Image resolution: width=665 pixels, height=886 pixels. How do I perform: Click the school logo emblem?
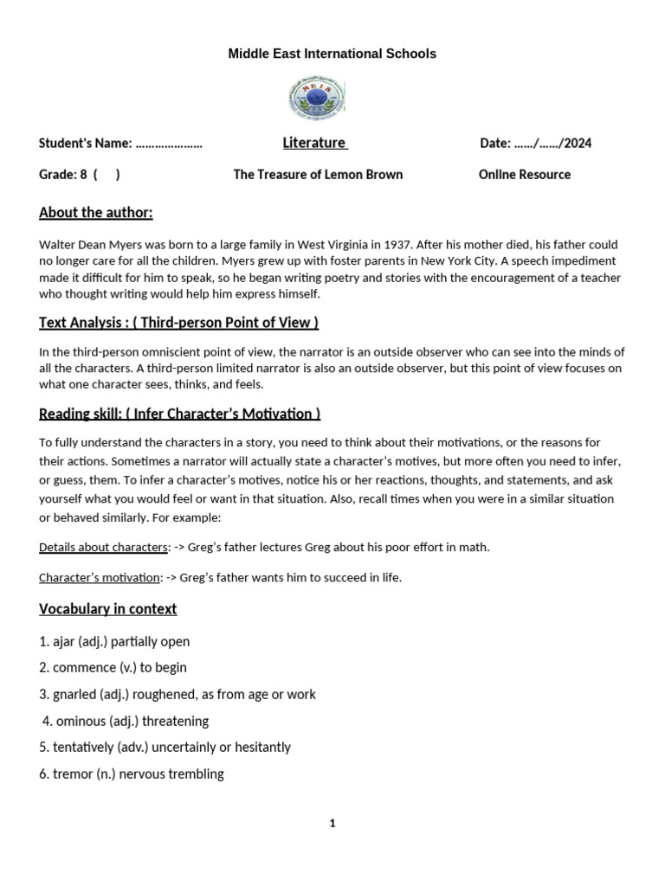coord(317,98)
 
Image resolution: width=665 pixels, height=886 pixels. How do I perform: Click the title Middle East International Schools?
coord(332,54)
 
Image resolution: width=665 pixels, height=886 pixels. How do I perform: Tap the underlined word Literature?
coord(313,143)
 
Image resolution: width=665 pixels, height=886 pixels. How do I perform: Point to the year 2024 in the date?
coord(578,144)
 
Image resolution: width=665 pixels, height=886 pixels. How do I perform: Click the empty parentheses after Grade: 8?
coord(107,175)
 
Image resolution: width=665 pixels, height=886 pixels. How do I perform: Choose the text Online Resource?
coord(524,175)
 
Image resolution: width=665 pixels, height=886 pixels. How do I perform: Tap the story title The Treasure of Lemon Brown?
coord(318,175)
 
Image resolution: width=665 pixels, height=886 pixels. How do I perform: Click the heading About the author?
coord(95,213)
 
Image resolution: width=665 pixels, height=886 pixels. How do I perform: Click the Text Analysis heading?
coord(178,323)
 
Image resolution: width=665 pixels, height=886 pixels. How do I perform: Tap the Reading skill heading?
coord(180,414)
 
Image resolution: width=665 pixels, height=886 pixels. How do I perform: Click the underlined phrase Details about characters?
coord(103,547)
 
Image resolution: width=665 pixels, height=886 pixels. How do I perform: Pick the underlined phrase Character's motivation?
coord(100,577)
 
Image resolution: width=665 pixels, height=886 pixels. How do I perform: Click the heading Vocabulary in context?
coord(107,609)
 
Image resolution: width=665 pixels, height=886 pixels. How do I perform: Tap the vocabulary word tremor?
coord(72,774)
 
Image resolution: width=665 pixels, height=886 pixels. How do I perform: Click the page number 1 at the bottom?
coord(332,824)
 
